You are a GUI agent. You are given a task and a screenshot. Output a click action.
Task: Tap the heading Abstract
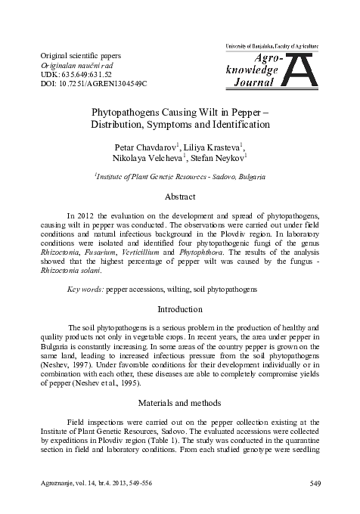pos(180,196)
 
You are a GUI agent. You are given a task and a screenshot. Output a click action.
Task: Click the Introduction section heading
pos(180,308)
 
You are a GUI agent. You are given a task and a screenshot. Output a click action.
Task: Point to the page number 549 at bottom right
pos(316,483)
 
